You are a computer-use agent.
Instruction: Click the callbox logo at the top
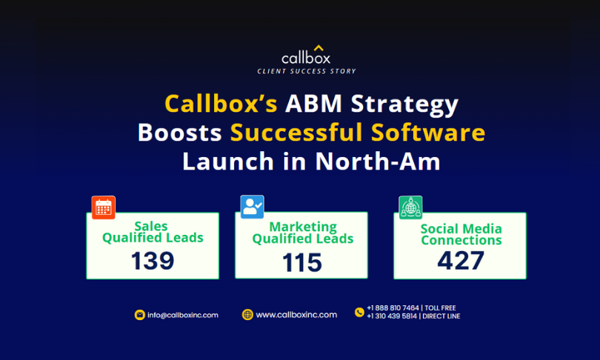pos(306,56)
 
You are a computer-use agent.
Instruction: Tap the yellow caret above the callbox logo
pos(319,48)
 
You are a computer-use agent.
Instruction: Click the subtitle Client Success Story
pos(307,71)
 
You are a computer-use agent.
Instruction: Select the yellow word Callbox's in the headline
pos(221,104)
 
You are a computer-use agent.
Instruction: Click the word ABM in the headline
pos(313,103)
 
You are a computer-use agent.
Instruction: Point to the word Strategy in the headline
pos(404,105)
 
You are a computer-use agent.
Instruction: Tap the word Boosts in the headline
pos(180,133)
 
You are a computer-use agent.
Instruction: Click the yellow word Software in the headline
pos(428,133)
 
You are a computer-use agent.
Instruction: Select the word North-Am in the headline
pos(378,161)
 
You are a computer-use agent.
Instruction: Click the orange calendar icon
pos(103,207)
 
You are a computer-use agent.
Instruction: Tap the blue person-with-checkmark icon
pos(252,207)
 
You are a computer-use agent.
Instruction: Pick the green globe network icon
pos(410,207)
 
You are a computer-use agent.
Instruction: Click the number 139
pos(153,261)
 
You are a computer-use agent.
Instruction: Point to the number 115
pos(302,262)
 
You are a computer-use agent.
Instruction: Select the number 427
pos(461,261)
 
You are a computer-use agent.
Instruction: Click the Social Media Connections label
pos(461,234)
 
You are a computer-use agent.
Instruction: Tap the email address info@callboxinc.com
pos(183,315)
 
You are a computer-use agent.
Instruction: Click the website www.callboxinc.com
pos(296,315)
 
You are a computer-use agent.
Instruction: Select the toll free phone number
pos(411,308)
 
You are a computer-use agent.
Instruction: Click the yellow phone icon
pos(359,312)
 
